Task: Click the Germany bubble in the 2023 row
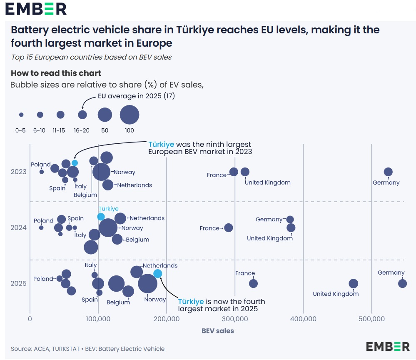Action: [x=388, y=172]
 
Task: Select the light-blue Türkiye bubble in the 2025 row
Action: [x=157, y=274]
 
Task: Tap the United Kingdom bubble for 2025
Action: [x=353, y=284]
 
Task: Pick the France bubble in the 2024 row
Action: [x=228, y=227]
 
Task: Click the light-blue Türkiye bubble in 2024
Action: [x=101, y=217]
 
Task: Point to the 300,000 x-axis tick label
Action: [x=235, y=319]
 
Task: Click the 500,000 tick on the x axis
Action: [x=371, y=319]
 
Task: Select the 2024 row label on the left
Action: [x=19, y=227]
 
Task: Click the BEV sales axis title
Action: [x=218, y=331]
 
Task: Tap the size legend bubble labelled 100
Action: [x=130, y=115]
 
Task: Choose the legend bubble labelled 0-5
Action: [x=21, y=115]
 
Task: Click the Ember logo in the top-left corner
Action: [x=36, y=9]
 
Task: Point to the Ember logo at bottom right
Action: [x=388, y=346]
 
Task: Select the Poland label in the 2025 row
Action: [x=43, y=279]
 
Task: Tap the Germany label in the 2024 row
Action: [x=269, y=220]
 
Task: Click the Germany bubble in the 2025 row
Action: [x=402, y=284]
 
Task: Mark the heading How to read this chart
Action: [x=56, y=73]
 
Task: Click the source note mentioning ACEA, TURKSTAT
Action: [x=87, y=349]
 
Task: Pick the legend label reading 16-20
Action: [x=82, y=130]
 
